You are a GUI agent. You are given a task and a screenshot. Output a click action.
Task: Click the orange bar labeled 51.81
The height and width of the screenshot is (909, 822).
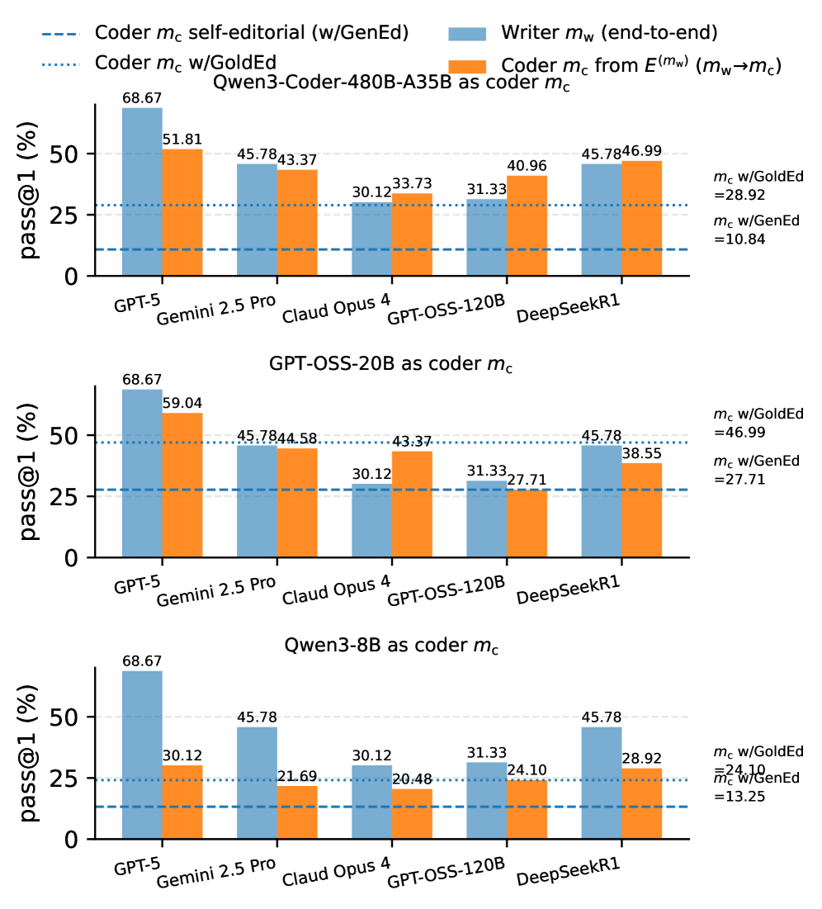(x=182, y=212)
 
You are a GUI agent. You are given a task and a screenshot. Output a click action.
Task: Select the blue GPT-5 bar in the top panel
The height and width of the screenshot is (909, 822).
(x=142, y=192)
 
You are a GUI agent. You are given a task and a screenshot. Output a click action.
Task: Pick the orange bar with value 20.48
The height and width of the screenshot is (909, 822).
(x=412, y=814)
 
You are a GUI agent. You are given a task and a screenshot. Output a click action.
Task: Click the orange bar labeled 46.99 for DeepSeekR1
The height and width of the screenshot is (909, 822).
(x=641, y=218)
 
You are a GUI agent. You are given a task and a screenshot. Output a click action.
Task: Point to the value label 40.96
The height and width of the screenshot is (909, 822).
(x=527, y=167)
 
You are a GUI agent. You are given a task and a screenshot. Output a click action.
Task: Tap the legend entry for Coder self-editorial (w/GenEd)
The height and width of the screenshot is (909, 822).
(x=252, y=34)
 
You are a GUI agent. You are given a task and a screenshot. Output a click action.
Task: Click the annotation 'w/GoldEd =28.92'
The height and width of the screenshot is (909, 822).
(x=758, y=187)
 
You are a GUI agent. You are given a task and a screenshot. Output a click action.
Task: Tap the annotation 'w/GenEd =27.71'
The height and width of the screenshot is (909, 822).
(x=758, y=469)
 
